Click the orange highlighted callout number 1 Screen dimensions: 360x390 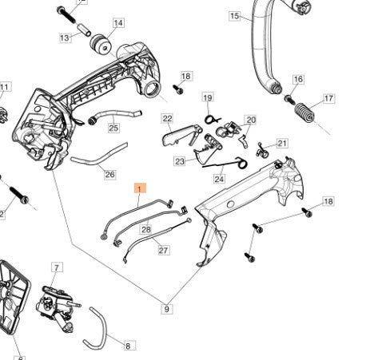pos(141,188)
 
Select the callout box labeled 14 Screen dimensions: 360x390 pos(118,23)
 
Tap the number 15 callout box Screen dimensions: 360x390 pos(234,16)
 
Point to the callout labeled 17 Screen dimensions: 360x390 pos(328,99)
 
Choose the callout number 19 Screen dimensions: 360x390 pos(208,98)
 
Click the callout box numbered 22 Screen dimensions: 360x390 pos(167,119)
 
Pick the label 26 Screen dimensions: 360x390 pos(109,175)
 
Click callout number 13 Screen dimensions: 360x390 pos(65,38)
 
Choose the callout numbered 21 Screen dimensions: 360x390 pos(281,144)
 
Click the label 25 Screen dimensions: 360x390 pos(113,127)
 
